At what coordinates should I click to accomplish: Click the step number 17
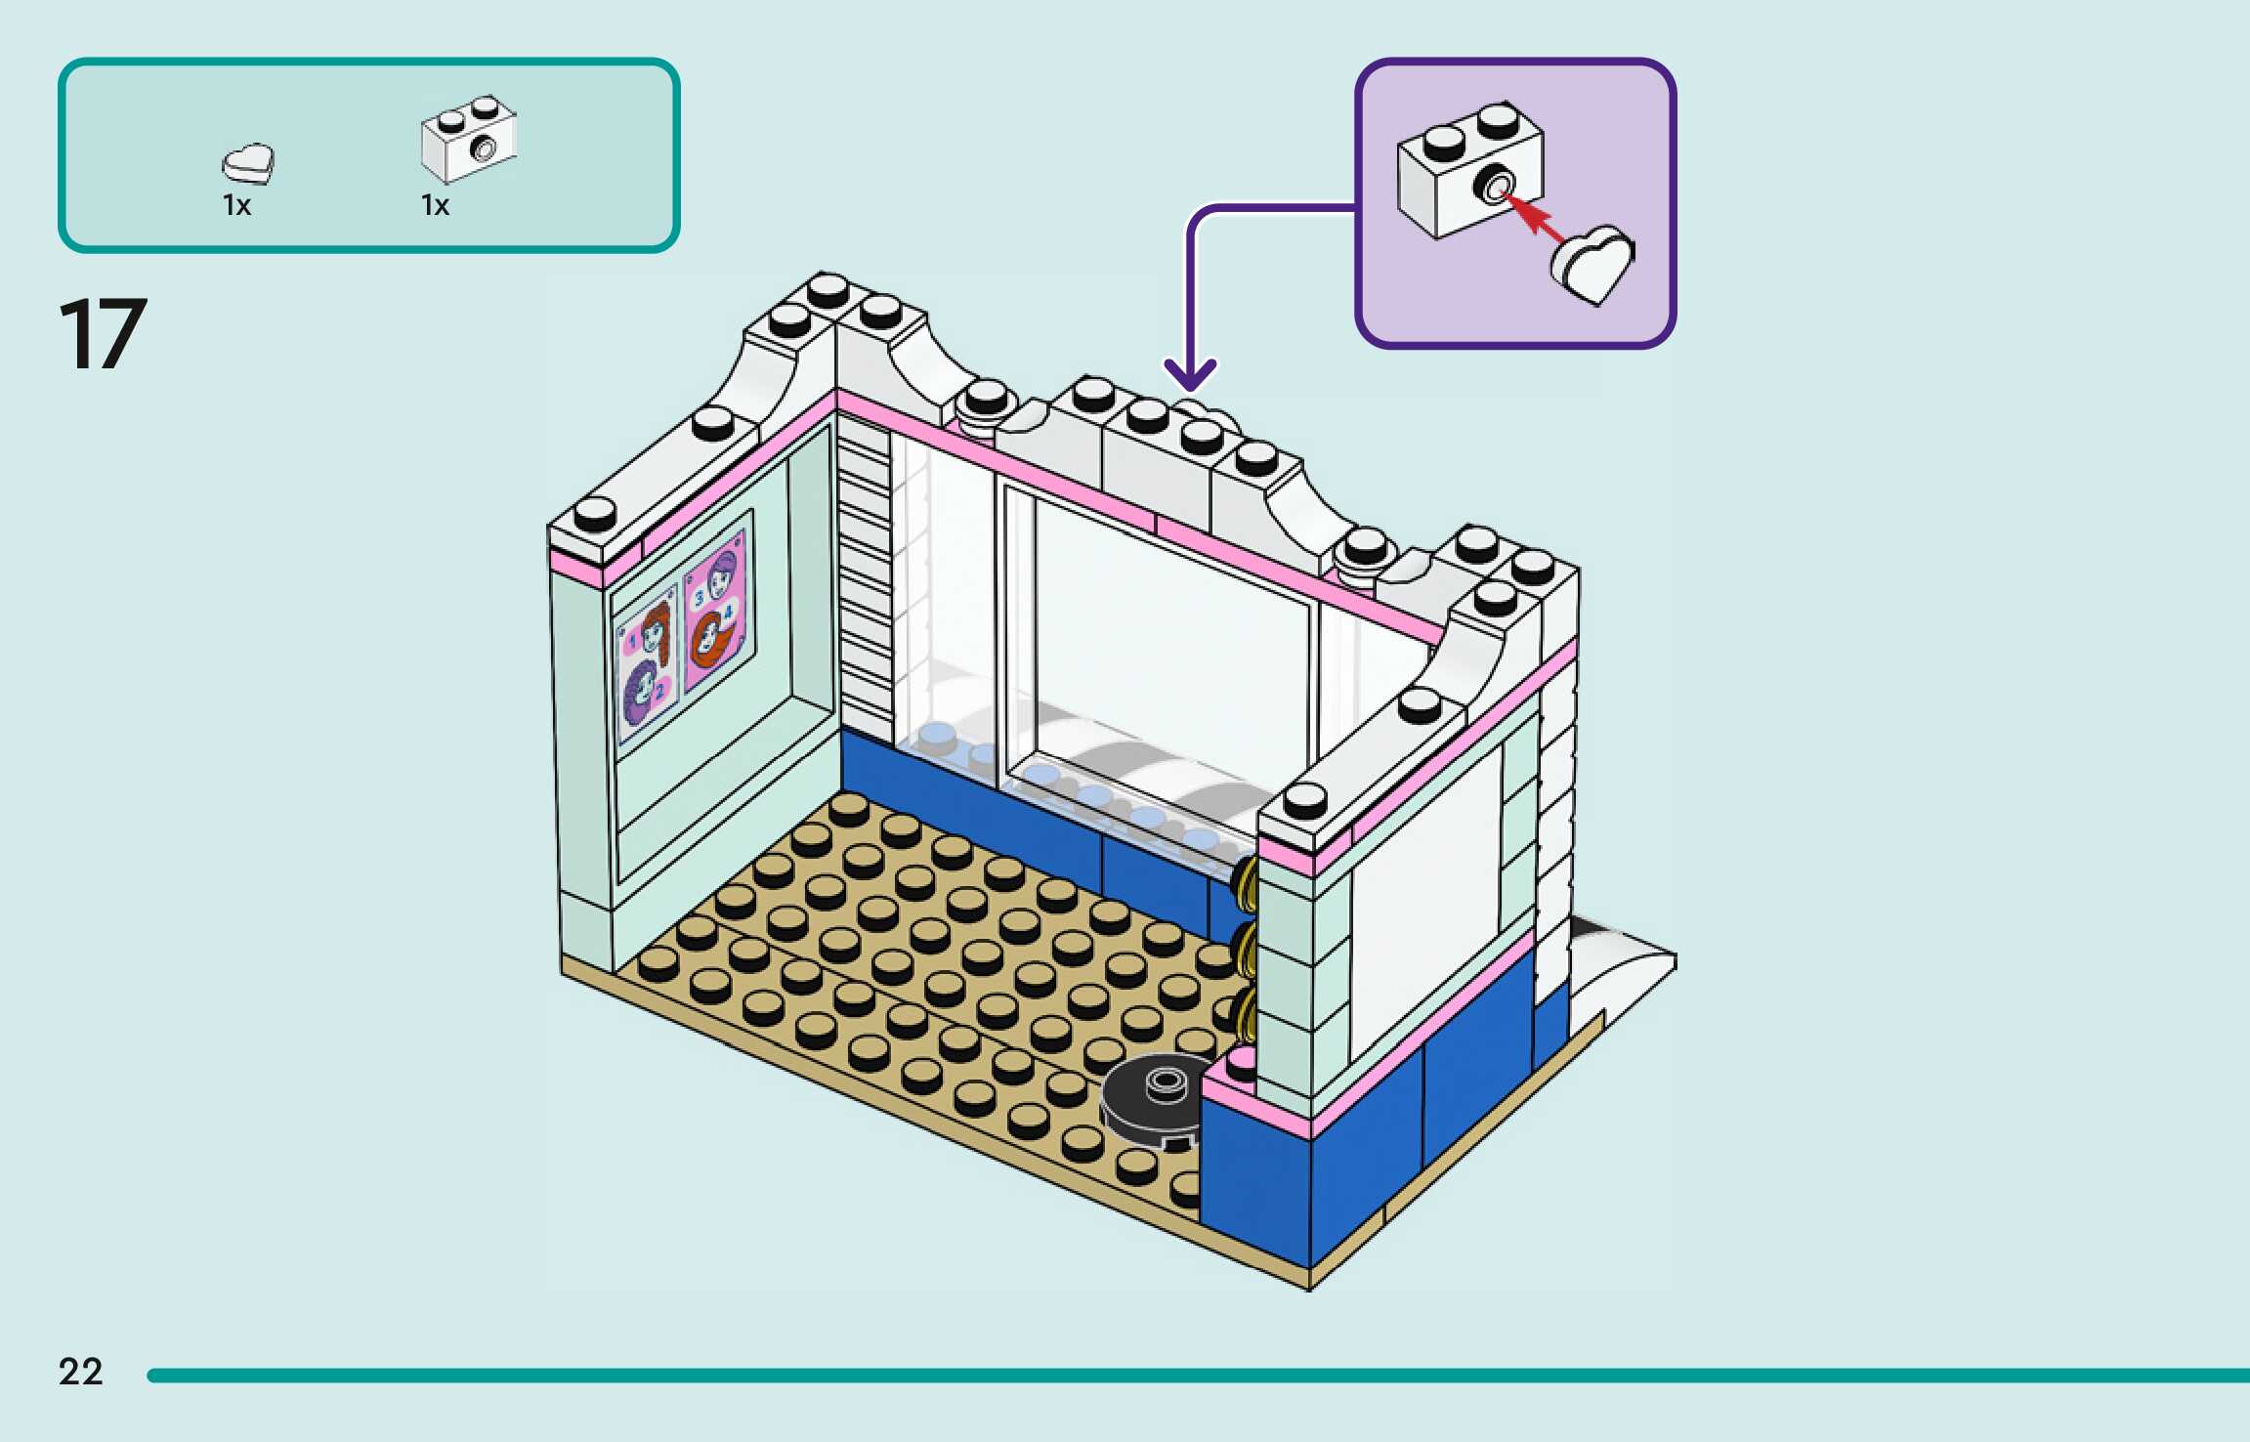point(103,334)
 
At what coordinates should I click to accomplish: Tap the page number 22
point(80,1372)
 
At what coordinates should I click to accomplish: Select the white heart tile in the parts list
point(248,163)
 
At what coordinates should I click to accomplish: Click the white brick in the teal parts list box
point(469,139)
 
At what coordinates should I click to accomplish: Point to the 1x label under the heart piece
point(236,205)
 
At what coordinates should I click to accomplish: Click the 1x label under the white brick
point(435,205)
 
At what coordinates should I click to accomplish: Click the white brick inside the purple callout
point(1468,170)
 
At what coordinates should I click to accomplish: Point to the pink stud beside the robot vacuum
point(1241,1061)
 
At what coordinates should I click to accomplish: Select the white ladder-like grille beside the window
point(866,576)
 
